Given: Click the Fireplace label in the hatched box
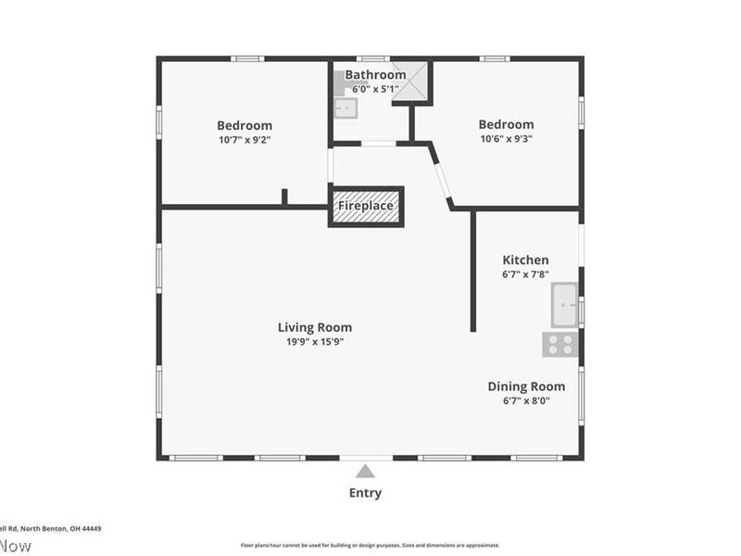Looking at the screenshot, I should [x=366, y=206].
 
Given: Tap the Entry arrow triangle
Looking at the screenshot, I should [x=366, y=471].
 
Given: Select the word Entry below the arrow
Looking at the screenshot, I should [x=365, y=493].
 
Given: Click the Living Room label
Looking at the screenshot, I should [x=315, y=327].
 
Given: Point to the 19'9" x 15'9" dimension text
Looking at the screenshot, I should [x=315, y=342].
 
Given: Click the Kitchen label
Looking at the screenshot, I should [x=525, y=260].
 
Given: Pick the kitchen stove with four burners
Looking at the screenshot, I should [x=559, y=345].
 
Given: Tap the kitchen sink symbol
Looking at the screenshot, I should [x=564, y=305].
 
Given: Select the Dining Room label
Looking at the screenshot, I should [x=526, y=386].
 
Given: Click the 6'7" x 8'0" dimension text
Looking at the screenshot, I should [x=526, y=401].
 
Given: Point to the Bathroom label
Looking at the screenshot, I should [x=375, y=75].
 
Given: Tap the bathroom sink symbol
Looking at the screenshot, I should [x=345, y=108].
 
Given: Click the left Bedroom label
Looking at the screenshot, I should [x=245, y=125].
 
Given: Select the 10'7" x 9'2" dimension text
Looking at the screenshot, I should [x=245, y=140].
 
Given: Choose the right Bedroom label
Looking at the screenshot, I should [x=506, y=125].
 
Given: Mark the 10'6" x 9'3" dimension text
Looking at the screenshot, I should [x=506, y=140].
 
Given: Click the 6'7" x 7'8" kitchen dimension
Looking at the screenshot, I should [x=525, y=275].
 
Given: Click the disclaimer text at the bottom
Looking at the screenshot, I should [x=370, y=546].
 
